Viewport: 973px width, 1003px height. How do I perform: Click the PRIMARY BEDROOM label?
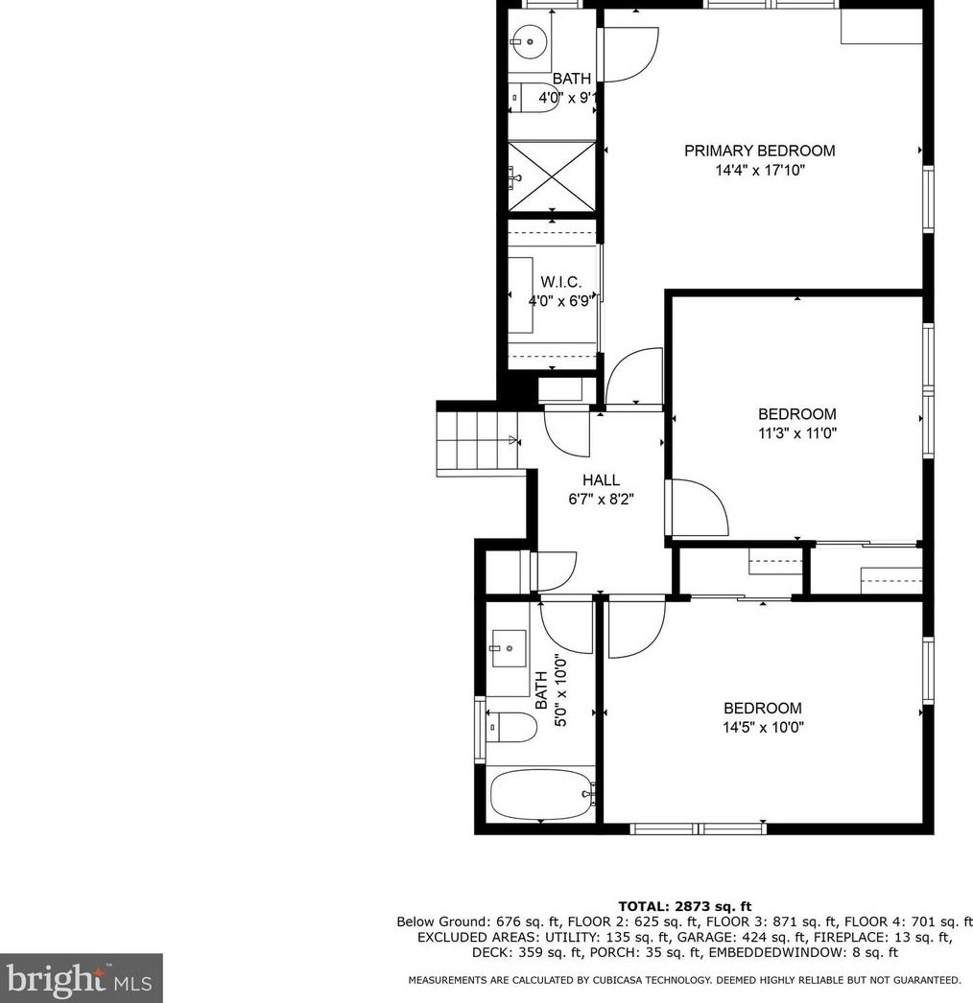759,151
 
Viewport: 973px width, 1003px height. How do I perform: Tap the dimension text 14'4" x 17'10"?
759,171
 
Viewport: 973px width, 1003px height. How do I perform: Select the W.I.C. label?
560,282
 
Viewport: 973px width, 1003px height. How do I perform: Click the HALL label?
601,479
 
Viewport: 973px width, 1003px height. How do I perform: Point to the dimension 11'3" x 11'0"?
797,433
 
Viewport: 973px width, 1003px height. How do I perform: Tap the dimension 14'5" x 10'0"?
763,727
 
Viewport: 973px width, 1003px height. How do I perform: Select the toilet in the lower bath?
510,728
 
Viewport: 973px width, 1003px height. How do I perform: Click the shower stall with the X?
551,175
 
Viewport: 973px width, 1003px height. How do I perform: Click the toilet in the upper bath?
534,98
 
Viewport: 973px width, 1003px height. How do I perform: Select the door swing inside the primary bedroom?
629,54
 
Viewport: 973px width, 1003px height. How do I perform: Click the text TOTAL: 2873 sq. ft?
684,905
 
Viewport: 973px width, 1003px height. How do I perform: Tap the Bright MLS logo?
81,978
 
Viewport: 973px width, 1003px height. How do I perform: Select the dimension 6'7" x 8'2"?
601,499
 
